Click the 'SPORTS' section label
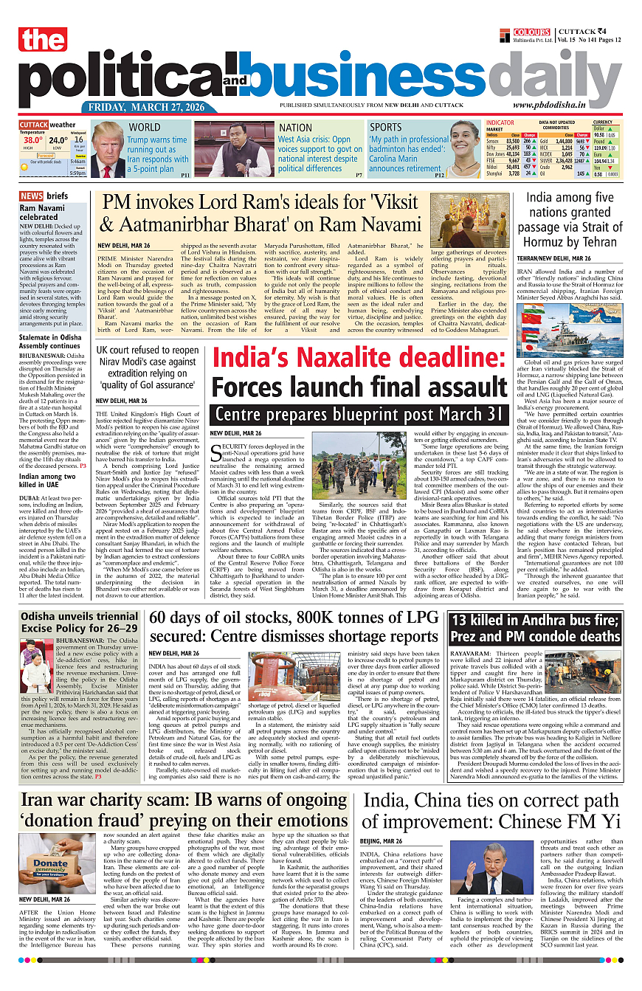tap(386, 127)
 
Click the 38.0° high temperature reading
tap(32, 139)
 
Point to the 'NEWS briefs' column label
tap(44, 196)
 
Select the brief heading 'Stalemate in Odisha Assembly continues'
tap(49, 341)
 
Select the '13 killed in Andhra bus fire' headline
tap(536, 628)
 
